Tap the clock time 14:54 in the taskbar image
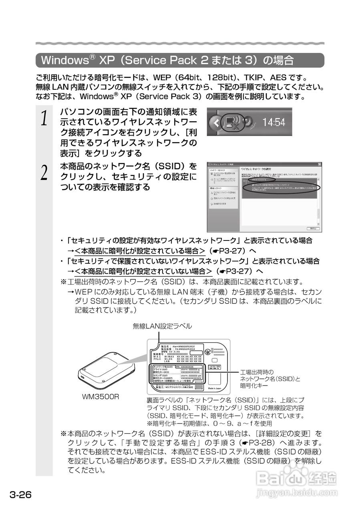pos(274,122)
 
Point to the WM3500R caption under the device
pos(100,397)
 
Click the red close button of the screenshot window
pos(319,165)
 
